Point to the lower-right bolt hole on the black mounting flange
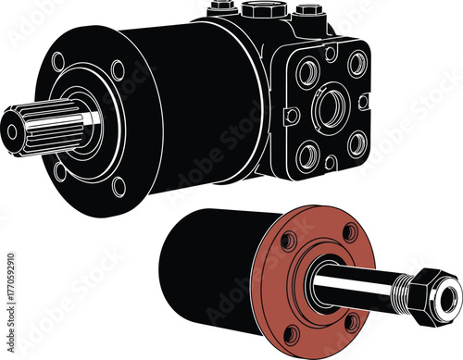coord(119,185)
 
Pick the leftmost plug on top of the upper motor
coord(219,8)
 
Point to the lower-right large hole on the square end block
coord(357,144)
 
